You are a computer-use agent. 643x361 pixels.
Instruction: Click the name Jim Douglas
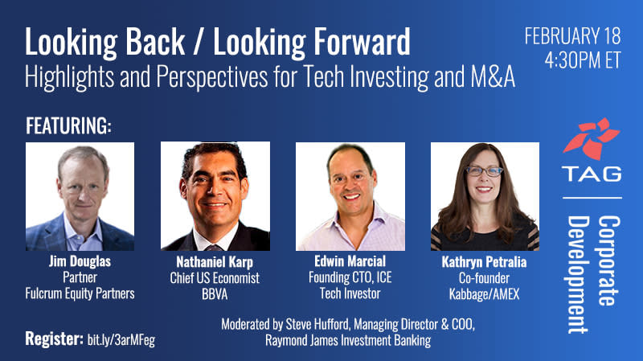click(x=80, y=261)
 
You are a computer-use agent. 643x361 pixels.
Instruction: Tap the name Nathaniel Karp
click(x=215, y=262)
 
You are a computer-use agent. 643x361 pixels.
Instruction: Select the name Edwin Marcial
click(x=350, y=261)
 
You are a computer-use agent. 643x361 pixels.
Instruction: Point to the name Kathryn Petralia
click(x=484, y=262)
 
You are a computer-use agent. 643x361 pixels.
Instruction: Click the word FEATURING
click(x=68, y=125)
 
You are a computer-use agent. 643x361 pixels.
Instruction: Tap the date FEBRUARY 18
click(x=573, y=36)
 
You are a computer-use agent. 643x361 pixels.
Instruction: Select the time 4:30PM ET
click(x=583, y=59)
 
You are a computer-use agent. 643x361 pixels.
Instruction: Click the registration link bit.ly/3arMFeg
click(x=121, y=340)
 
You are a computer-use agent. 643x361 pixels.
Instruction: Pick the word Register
click(x=55, y=338)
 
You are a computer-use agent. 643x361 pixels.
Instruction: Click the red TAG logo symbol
click(x=592, y=138)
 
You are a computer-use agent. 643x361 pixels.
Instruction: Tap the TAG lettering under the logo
click(x=592, y=174)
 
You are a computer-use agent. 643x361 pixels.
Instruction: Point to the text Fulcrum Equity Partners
click(x=80, y=293)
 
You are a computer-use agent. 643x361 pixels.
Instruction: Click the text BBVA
click(x=215, y=294)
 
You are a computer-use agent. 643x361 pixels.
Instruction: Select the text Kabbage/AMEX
click(x=485, y=294)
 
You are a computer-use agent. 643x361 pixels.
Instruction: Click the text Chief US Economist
click(x=215, y=278)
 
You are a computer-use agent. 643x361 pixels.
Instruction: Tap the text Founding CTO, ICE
click(x=350, y=277)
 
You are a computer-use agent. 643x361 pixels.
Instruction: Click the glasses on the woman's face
click(x=485, y=171)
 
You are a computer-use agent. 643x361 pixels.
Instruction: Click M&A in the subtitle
click(x=493, y=76)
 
